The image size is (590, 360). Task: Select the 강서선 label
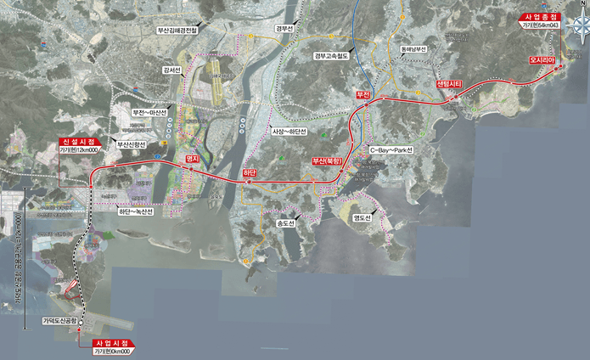(x=172, y=70)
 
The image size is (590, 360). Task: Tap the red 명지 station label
(x=192, y=159)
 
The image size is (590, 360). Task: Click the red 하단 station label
(x=250, y=173)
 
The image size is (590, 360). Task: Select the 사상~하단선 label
(x=289, y=132)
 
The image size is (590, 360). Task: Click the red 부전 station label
(x=363, y=94)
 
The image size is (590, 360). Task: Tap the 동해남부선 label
(x=412, y=49)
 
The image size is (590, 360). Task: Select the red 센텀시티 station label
(x=448, y=84)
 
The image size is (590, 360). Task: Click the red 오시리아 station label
(x=542, y=61)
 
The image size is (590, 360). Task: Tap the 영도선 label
(x=362, y=218)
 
